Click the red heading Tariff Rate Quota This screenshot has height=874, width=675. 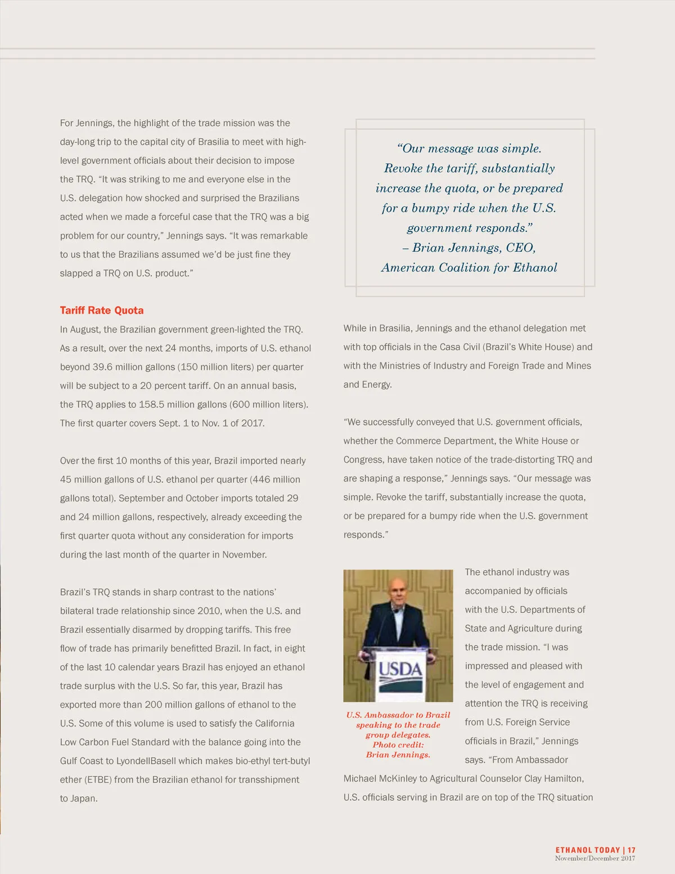click(102, 310)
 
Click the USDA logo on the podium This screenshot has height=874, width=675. click(400, 669)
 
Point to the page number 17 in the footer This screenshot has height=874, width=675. click(632, 850)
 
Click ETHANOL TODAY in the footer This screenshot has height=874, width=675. click(587, 850)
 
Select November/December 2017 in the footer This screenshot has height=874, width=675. click(595, 858)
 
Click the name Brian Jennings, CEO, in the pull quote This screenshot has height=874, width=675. click(474, 248)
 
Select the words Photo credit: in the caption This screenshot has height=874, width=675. click(398, 745)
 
